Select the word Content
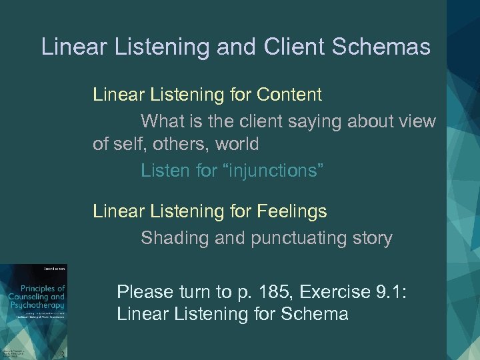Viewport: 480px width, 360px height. point(289,95)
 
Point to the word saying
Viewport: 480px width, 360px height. point(317,122)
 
